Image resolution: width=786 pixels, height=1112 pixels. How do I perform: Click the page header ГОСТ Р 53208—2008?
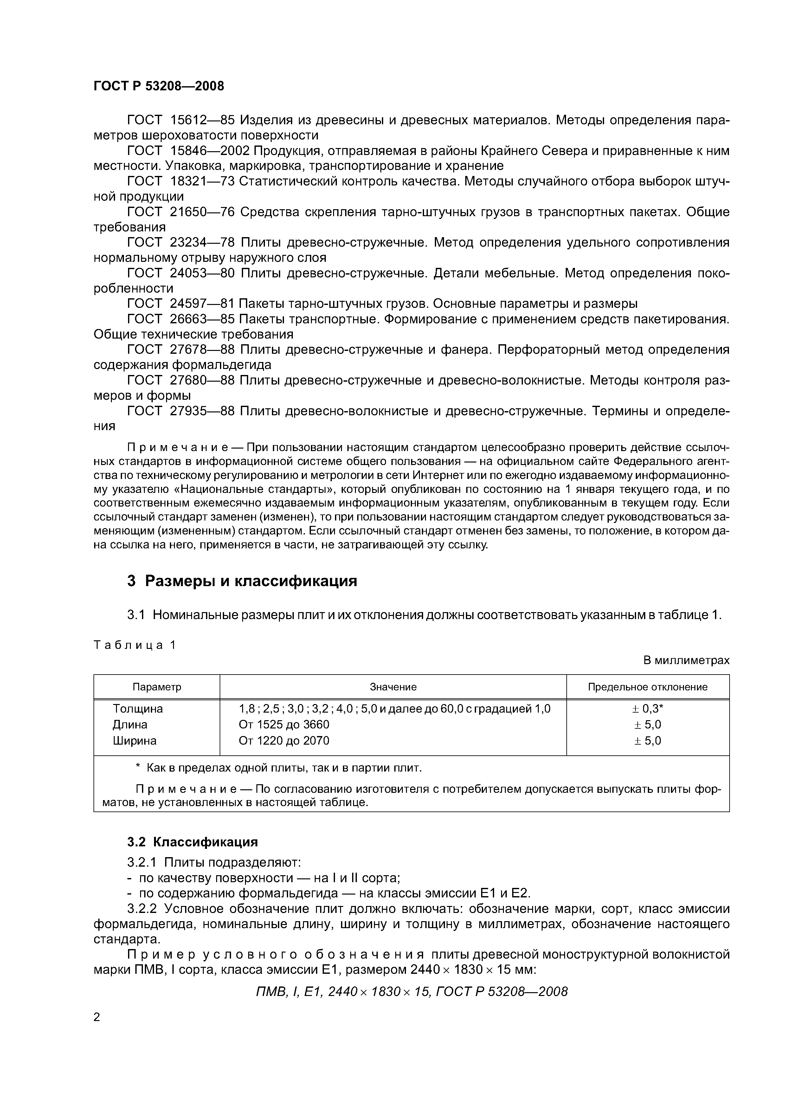tap(158, 86)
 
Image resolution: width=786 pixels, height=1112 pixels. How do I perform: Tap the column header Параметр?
tap(157, 687)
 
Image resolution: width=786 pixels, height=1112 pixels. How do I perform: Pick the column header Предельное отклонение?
tap(647, 687)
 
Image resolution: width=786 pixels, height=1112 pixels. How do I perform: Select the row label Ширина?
tap(135, 740)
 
